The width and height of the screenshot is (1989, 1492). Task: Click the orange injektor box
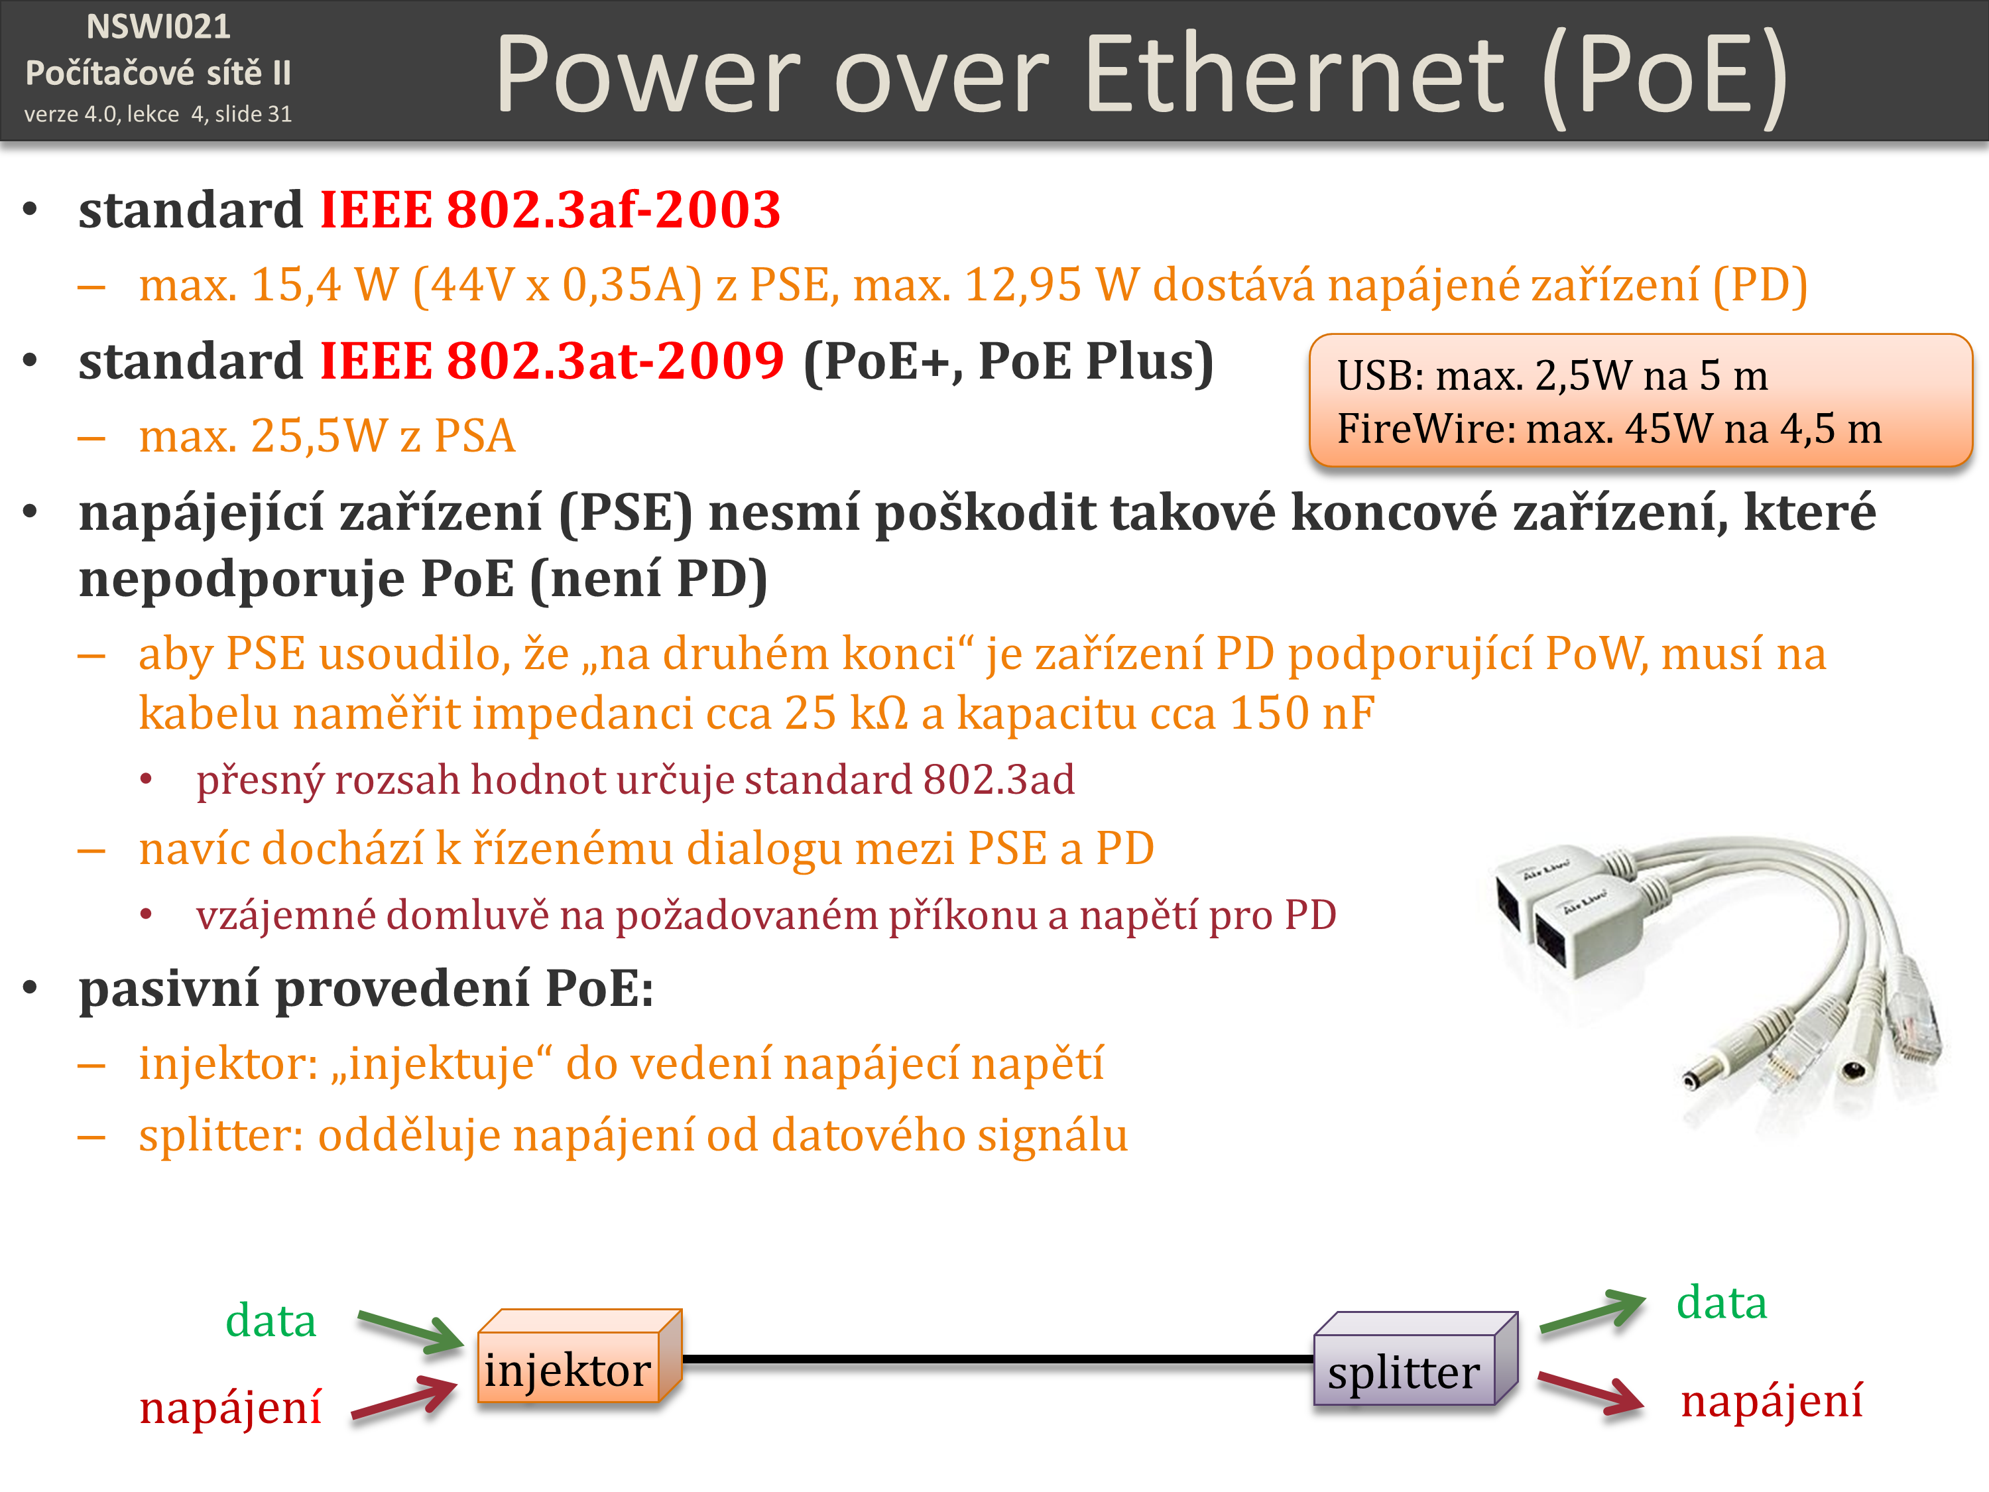pos(580,1355)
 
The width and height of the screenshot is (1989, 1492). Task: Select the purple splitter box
pos(1416,1358)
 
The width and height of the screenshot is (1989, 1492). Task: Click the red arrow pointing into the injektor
pos(404,1399)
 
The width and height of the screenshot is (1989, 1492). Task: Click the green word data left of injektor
pos(271,1320)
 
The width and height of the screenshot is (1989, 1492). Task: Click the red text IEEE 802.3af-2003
pos(550,210)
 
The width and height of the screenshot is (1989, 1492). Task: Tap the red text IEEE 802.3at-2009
pos(552,361)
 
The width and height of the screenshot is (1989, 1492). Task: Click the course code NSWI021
pos(158,27)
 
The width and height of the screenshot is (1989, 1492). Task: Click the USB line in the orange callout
pos(1552,376)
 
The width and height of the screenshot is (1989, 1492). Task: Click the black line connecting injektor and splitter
pos(998,1359)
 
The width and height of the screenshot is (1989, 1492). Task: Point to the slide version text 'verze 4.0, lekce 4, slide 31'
pos(158,114)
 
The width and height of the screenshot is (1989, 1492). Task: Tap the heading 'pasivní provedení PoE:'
pos(366,989)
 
